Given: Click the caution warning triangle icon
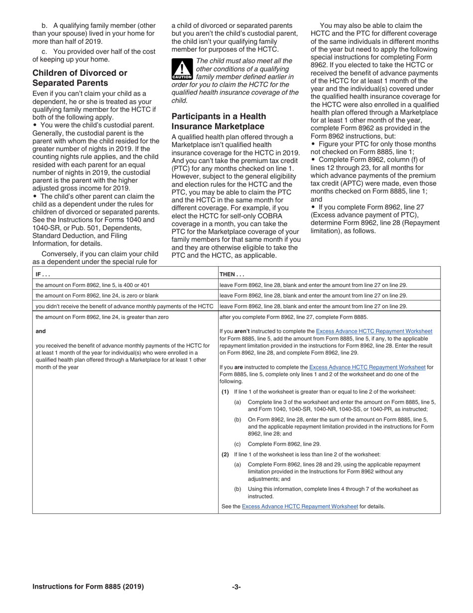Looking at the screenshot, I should (182, 70).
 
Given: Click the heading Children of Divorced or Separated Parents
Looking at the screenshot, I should (80, 78).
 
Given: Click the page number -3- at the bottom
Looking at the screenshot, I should (236, 587).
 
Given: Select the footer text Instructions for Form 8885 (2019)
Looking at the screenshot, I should (88, 587).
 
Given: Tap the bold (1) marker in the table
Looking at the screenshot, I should (226, 392).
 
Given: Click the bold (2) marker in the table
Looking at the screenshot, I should (226, 454).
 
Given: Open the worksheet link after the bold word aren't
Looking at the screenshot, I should (374, 331).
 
